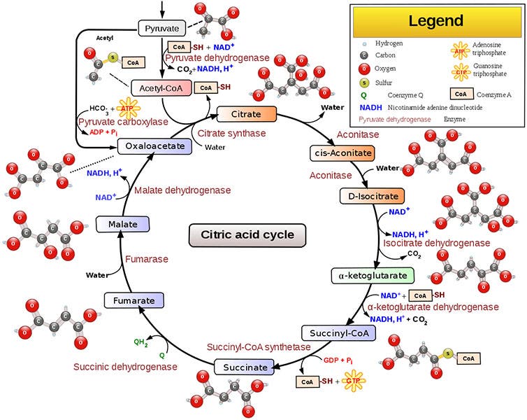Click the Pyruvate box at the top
pyautogui.click(x=161, y=28)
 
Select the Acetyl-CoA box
pyautogui.click(x=161, y=88)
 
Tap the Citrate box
pyautogui.click(x=247, y=113)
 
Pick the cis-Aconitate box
pyautogui.click(x=341, y=153)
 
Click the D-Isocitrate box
pyautogui.click(x=368, y=196)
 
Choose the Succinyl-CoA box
pyautogui.click(x=334, y=332)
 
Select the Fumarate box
pyautogui.click(x=133, y=301)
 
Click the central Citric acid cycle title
pyautogui.click(x=247, y=234)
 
